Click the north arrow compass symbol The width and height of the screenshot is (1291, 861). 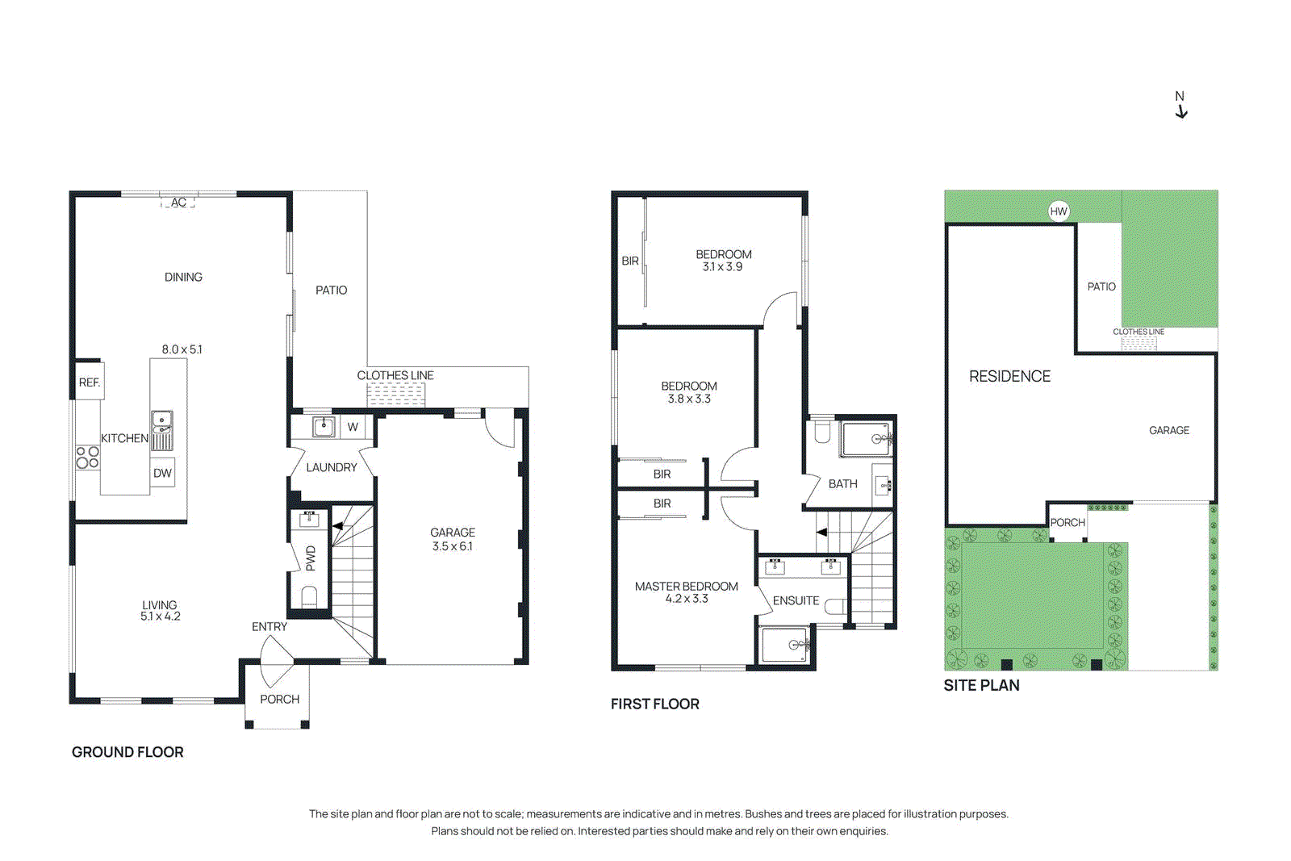pyautogui.click(x=1180, y=106)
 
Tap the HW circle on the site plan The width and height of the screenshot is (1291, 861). pyautogui.click(x=1059, y=211)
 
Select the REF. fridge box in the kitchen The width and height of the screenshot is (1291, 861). pyautogui.click(x=90, y=382)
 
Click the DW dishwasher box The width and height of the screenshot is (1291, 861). pyautogui.click(x=162, y=474)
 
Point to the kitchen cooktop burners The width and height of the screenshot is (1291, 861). pyautogui.click(x=87, y=458)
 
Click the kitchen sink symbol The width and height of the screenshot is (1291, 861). pyautogui.click(x=161, y=421)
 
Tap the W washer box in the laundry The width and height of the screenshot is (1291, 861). pyautogui.click(x=353, y=427)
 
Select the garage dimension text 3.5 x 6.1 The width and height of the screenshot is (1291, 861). pyautogui.click(x=452, y=546)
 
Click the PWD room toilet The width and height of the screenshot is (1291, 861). pyautogui.click(x=309, y=597)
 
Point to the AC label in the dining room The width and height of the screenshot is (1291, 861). pyautogui.click(x=178, y=203)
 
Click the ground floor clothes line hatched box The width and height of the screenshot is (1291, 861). pyautogui.click(x=395, y=395)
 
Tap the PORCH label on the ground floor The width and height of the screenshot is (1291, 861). pyautogui.click(x=279, y=700)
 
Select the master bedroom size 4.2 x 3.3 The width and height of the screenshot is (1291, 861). pyautogui.click(x=687, y=599)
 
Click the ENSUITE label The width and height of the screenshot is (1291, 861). pyautogui.click(x=796, y=601)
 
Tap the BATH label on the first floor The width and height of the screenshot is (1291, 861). pyautogui.click(x=842, y=484)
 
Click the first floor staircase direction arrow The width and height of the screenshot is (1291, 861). pyautogui.click(x=821, y=533)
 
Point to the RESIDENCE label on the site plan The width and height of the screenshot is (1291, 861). pyautogui.click(x=1009, y=377)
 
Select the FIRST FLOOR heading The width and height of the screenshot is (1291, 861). pyautogui.click(x=654, y=704)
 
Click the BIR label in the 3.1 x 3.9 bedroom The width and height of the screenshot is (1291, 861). pyautogui.click(x=630, y=261)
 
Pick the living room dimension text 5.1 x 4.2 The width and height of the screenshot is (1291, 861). pyautogui.click(x=160, y=616)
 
